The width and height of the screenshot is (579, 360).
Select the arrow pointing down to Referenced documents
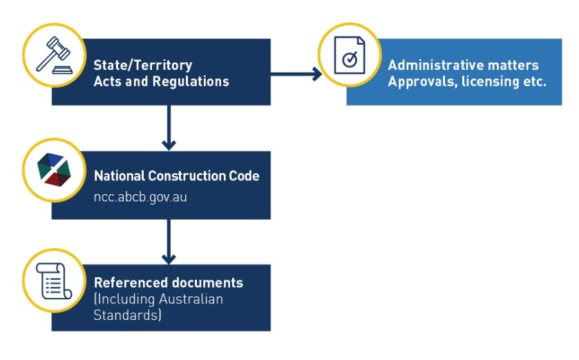[x=168, y=241]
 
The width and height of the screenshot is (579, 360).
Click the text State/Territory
[x=143, y=66]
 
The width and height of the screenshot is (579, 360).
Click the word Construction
[x=178, y=176]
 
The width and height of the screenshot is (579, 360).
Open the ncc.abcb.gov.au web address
[x=141, y=196]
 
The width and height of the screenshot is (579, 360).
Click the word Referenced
[x=129, y=283]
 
